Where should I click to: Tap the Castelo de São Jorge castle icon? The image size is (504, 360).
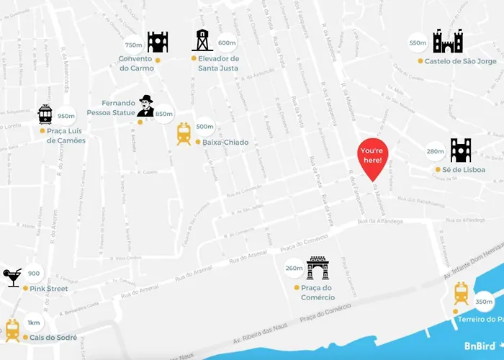[x=447, y=41]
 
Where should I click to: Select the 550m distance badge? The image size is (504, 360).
[x=418, y=43]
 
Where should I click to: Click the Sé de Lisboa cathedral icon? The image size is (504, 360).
[x=461, y=150]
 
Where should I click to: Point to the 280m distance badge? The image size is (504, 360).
[x=436, y=151]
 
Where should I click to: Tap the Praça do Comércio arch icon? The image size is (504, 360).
[x=317, y=268]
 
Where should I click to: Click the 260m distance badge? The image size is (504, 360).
[x=294, y=268]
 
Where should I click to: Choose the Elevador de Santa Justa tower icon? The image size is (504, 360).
[x=201, y=40]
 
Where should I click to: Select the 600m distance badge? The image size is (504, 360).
[x=227, y=42]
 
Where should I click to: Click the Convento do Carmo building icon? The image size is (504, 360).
[x=158, y=42]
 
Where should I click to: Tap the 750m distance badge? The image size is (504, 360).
[x=134, y=45]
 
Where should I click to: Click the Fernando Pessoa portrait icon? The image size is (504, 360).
[x=146, y=106]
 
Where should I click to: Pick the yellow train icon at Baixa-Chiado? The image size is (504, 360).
[x=184, y=133]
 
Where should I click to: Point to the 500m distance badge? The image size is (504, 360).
[x=204, y=127]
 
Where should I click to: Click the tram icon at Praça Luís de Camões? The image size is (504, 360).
[x=45, y=114]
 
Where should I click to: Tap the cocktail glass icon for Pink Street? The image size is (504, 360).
[x=13, y=277]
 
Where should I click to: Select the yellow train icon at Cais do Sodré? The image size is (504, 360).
[x=12, y=330]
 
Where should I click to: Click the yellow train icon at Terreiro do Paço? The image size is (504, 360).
[x=462, y=294]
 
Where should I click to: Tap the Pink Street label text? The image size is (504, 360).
[x=49, y=289]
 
